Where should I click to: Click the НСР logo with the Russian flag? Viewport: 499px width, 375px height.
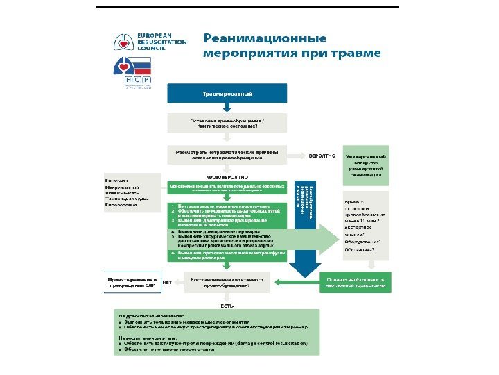pos(131,73)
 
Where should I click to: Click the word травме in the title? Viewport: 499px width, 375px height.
pos(355,53)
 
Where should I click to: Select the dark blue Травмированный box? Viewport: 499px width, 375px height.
pos(227,93)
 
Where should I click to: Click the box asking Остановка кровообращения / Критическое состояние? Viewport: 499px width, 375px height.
pos(227,123)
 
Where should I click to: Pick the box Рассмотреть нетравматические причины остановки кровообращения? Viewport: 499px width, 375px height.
pos(227,154)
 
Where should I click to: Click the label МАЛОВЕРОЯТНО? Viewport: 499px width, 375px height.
pos(227,176)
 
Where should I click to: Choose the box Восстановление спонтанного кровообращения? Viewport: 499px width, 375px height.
pos(227,282)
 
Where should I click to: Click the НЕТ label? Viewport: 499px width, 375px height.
pos(167,283)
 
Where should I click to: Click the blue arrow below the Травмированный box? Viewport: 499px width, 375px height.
pos(227,108)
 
